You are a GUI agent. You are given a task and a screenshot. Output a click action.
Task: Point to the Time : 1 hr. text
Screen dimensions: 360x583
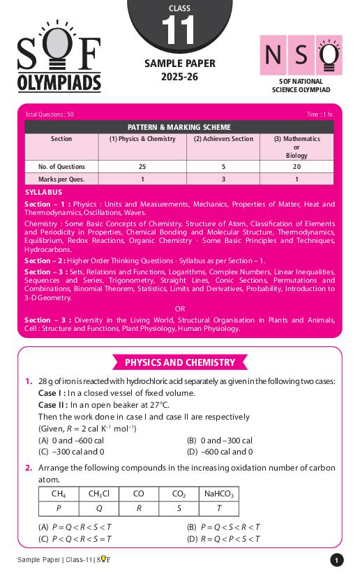click(x=320, y=114)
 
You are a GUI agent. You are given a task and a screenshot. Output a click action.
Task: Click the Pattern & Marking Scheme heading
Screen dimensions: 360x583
click(x=179, y=127)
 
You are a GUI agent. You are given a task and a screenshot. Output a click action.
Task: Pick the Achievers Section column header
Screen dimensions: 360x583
click(x=223, y=139)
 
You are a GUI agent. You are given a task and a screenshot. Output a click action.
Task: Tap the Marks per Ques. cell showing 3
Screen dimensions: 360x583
click(x=223, y=179)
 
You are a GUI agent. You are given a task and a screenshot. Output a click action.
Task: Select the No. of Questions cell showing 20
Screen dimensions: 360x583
click(x=296, y=167)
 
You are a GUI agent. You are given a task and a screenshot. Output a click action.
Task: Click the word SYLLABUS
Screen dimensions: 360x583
click(x=43, y=192)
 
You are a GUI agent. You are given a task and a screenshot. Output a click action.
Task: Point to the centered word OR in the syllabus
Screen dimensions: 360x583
click(x=180, y=308)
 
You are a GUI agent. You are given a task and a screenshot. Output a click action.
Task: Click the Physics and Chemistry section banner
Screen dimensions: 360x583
click(x=180, y=362)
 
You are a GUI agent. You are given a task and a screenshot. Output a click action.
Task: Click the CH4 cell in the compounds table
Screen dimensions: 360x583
click(x=59, y=494)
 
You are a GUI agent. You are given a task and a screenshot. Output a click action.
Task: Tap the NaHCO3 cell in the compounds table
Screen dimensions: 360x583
click(x=219, y=494)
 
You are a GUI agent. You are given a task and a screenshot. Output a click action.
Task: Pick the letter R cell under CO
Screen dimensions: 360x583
click(x=139, y=508)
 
